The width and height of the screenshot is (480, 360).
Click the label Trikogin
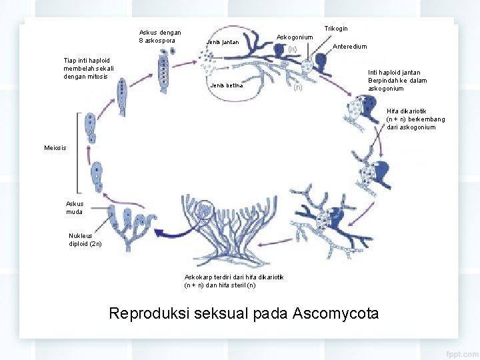(336, 29)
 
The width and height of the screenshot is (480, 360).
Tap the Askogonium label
(295, 37)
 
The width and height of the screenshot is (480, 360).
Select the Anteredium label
(349, 47)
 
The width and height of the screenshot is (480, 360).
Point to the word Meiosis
(55, 148)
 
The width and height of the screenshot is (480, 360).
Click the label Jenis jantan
(223, 42)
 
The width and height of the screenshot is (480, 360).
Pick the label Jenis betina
(227, 85)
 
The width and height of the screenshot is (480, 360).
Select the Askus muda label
(75, 207)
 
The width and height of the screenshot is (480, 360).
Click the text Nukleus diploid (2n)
(85, 240)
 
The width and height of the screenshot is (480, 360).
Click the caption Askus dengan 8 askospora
(160, 37)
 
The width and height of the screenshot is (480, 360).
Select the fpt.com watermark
(462, 354)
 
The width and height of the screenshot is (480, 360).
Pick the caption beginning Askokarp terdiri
(234, 281)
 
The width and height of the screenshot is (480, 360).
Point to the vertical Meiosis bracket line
(77, 153)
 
